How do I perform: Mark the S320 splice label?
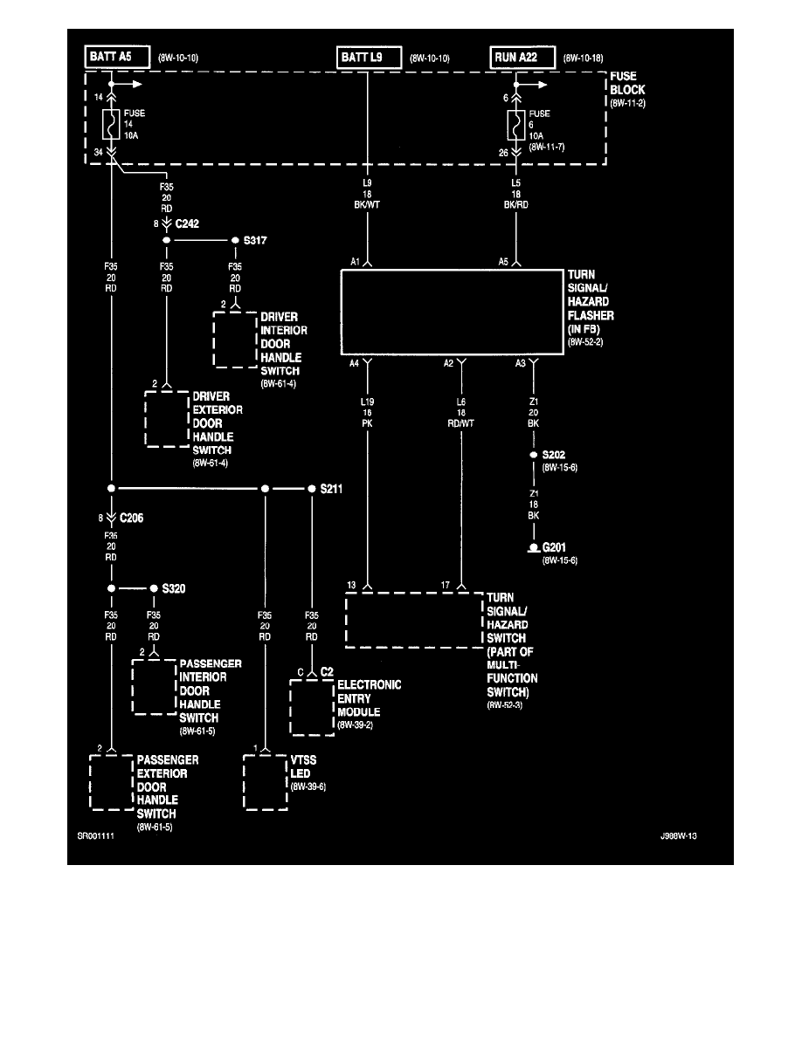pyautogui.click(x=174, y=588)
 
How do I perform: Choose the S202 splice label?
pyautogui.click(x=555, y=455)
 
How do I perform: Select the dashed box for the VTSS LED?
pyautogui.click(x=265, y=782)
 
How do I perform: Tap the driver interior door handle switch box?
pyautogui.click(x=234, y=339)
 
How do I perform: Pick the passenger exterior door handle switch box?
pyautogui.click(x=112, y=782)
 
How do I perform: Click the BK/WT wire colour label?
pyautogui.click(x=367, y=204)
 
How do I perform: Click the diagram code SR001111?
pyautogui.click(x=96, y=835)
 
